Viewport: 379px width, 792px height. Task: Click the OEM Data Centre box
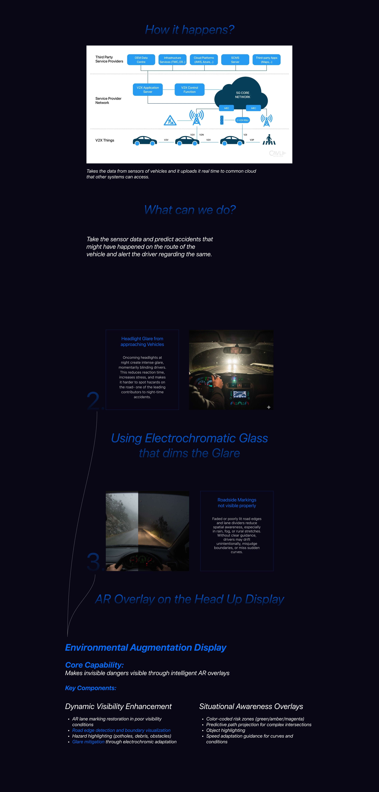tap(141, 60)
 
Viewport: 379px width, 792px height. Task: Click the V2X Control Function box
tap(189, 89)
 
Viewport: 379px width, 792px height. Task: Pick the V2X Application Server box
tap(148, 89)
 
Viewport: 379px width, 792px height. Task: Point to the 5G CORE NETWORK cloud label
tap(243, 95)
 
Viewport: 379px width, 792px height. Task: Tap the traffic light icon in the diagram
tap(222, 120)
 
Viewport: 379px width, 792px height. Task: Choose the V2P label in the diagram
tap(252, 140)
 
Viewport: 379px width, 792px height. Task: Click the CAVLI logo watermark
tap(277, 153)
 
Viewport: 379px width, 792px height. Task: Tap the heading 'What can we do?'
tap(190, 210)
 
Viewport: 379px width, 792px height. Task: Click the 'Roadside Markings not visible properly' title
tap(237, 503)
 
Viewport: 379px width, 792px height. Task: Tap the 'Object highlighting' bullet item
tap(226, 730)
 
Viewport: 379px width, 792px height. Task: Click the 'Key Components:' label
tap(91, 688)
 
